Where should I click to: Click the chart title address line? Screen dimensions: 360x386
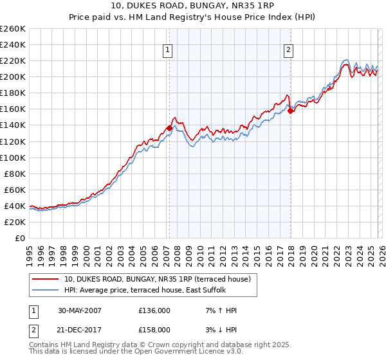tap(192, 6)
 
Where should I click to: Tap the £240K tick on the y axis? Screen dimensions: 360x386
tap(13, 44)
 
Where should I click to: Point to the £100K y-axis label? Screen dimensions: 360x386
tap(13, 157)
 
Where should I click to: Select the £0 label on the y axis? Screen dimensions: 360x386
tap(21, 238)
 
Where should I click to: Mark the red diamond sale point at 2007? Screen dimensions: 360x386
tap(169, 128)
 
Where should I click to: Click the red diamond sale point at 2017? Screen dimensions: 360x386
tap(290, 111)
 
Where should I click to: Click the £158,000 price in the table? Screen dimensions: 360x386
tap(154, 329)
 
